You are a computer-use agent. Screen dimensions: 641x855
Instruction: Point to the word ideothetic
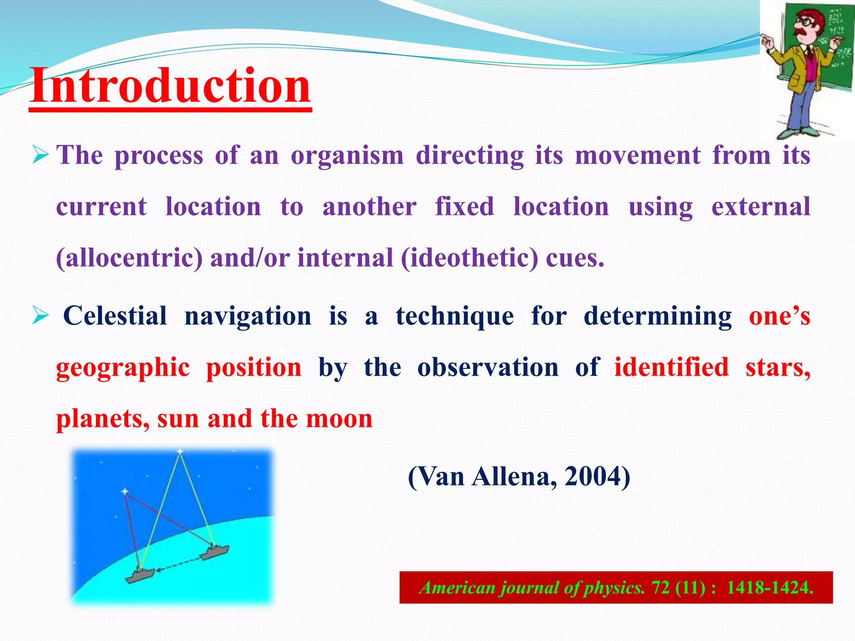(x=470, y=258)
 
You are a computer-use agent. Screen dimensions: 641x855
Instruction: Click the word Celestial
(x=115, y=315)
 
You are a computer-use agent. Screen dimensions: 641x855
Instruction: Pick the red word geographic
(x=123, y=368)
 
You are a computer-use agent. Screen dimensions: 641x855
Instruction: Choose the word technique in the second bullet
(x=455, y=316)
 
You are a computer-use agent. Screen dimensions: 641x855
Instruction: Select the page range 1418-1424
(x=769, y=588)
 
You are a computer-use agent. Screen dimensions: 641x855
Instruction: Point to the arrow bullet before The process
(x=40, y=156)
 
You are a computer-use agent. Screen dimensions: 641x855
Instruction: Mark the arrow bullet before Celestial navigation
(x=40, y=316)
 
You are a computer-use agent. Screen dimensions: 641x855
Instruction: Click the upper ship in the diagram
(x=215, y=552)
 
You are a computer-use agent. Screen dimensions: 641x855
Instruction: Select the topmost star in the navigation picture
(x=180, y=452)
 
